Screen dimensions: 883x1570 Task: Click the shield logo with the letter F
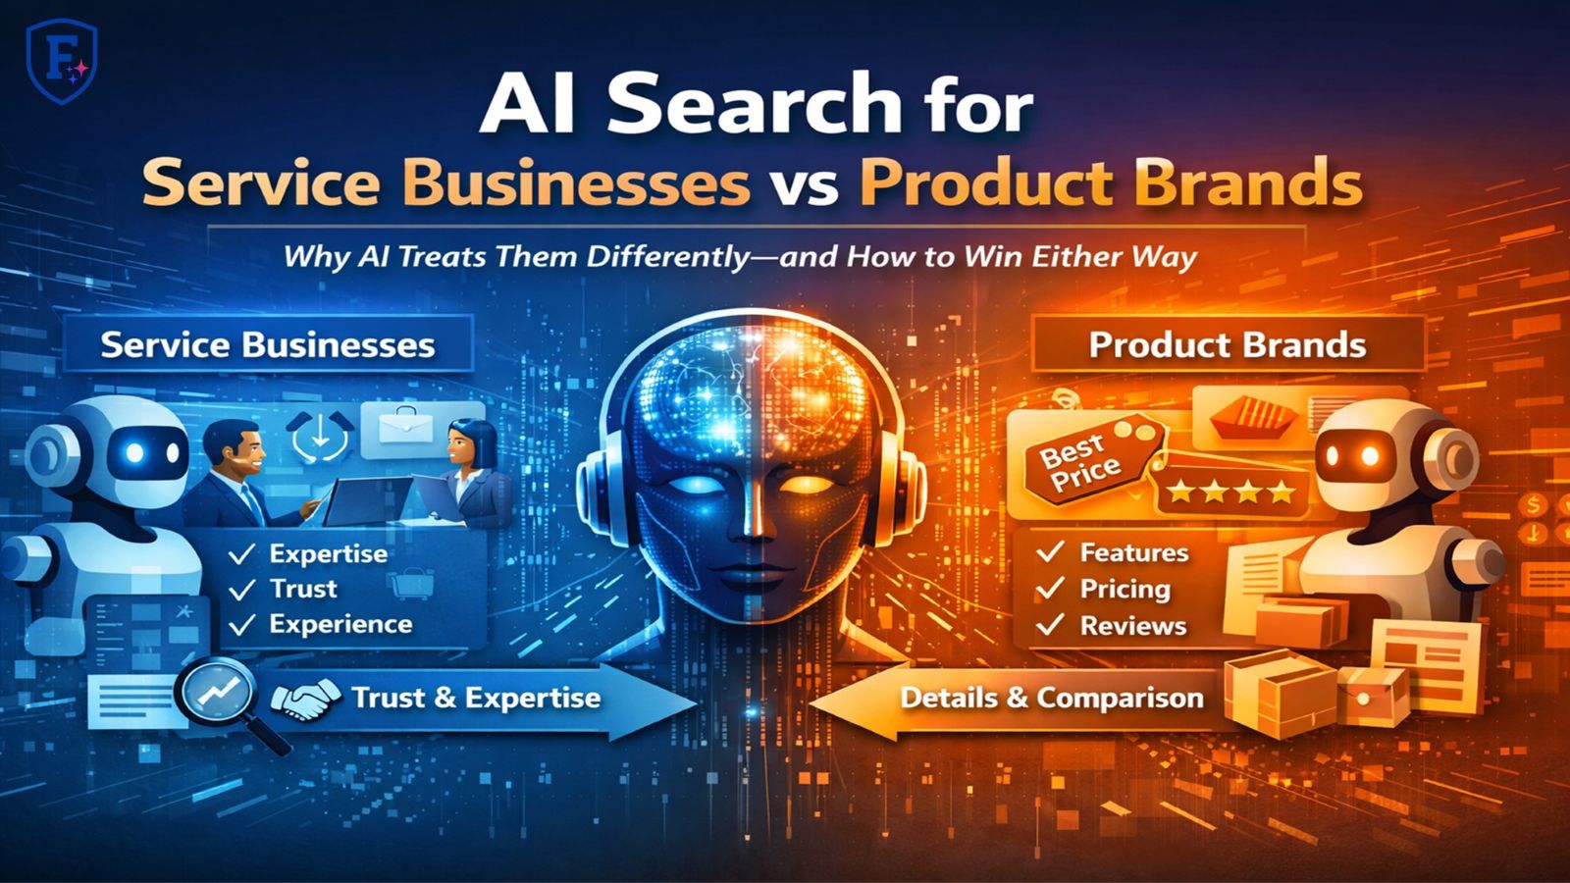pyautogui.click(x=61, y=64)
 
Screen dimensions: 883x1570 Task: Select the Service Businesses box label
pyautogui.click(x=267, y=344)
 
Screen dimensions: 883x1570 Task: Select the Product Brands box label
pyautogui.click(x=1227, y=345)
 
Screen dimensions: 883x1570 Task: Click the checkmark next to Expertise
pyautogui.click(x=241, y=554)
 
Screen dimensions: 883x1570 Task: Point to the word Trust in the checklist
pyautogui.click(x=303, y=589)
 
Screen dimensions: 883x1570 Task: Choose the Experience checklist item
pyautogui.click(x=340, y=624)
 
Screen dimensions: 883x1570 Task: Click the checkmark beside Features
pyautogui.click(x=1051, y=552)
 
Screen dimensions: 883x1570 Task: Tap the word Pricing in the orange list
pyautogui.click(x=1125, y=589)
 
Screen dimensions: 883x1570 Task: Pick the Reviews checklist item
pyautogui.click(x=1132, y=625)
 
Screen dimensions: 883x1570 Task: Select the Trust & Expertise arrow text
pyautogui.click(x=476, y=698)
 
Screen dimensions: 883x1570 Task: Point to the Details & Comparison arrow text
pyautogui.click(x=1052, y=698)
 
